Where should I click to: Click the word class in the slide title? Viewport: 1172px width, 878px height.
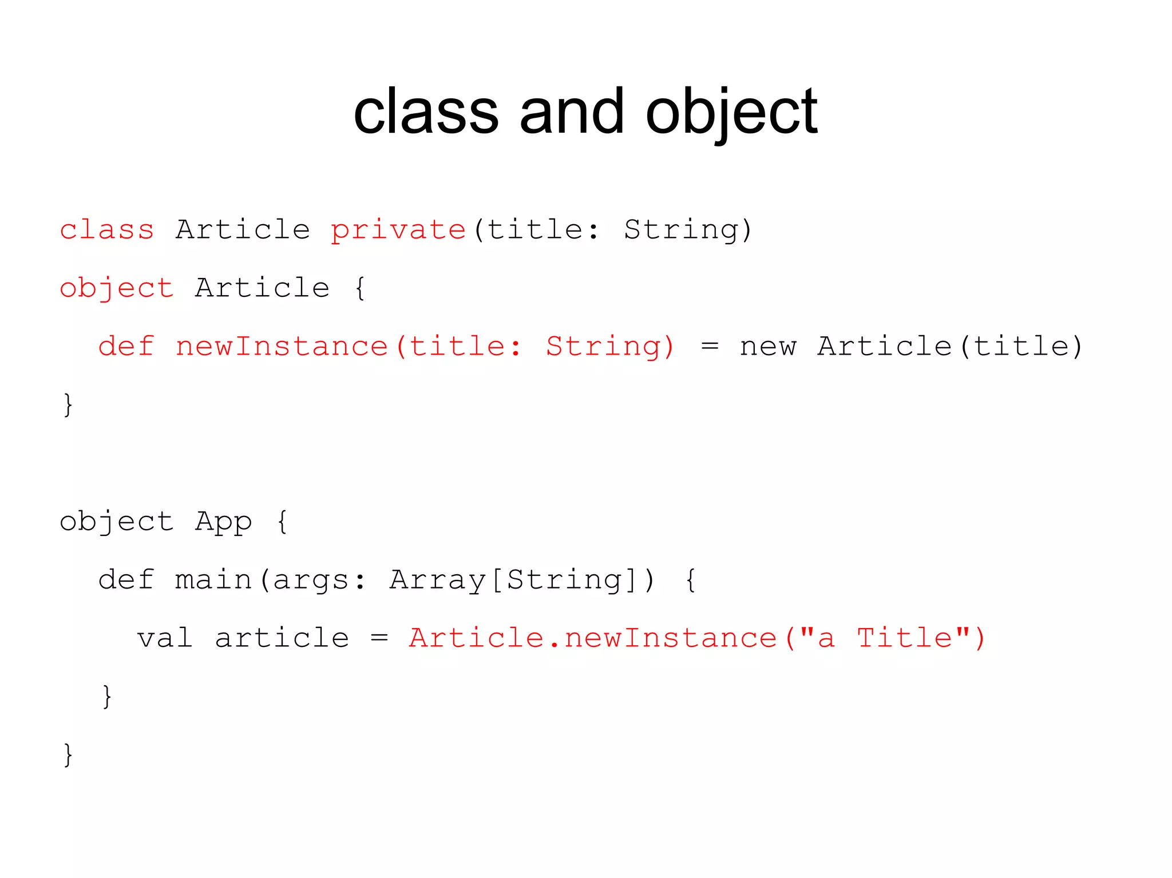point(426,112)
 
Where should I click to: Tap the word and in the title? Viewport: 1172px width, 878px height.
point(571,112)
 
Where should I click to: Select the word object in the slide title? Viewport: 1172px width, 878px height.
point(731,113)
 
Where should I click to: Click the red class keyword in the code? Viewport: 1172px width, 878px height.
point(107,230)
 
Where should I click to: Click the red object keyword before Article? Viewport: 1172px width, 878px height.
point(117,288)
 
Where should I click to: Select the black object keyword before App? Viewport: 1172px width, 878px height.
point(117,522)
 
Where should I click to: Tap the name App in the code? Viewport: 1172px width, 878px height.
point(223,522)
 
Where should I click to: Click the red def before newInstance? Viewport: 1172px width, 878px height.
point(126,347)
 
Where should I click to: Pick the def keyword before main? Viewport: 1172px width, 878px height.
point(126,580)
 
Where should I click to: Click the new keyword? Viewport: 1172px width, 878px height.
point(767,347)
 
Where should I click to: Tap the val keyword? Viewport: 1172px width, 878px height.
point(165,638)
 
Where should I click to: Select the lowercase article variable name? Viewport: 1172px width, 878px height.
point(282,638)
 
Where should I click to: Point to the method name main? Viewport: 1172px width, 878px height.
point(213,580)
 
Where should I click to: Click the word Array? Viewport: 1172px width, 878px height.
point(438,580)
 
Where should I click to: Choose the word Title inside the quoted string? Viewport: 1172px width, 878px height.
point(904,638)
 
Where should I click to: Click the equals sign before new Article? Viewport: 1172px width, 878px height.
point(710,347)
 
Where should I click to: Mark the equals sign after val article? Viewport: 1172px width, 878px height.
point(379,638)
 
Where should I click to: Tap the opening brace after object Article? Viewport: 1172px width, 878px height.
point(360,288)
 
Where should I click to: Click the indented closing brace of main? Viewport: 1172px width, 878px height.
point(107,697)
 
